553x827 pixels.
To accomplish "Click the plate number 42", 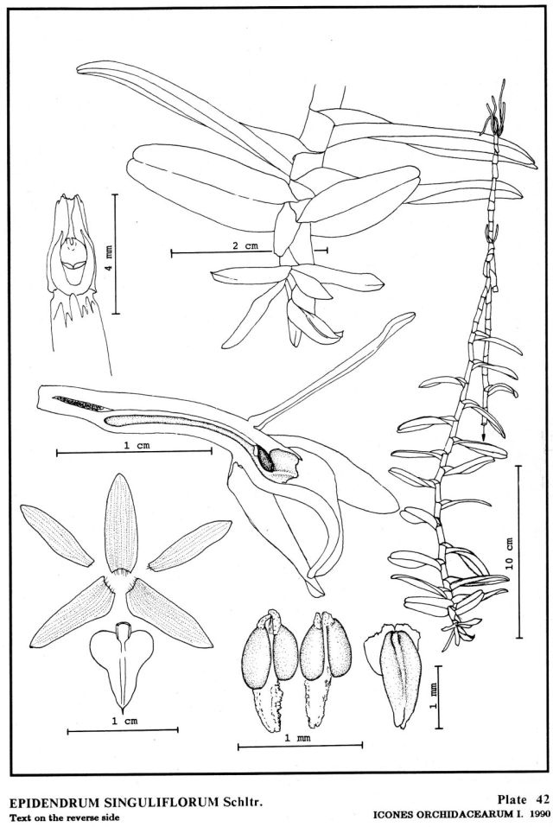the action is pyautogui.click(x=543, y=799).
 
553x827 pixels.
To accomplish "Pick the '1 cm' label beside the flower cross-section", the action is pyautogui.click(x=137, y=445).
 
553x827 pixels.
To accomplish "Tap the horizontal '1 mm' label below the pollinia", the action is pyautogui.click(x=298, y=738).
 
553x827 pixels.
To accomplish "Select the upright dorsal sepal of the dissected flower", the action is pyautogui.click(x=121, y=523).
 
